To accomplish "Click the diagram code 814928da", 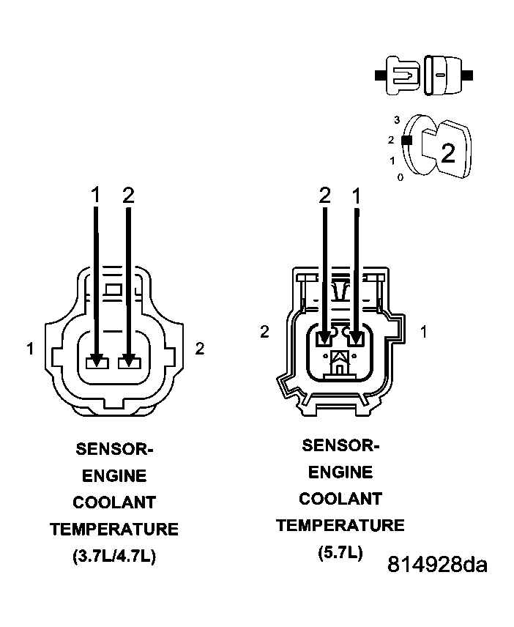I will [x=437, y=565].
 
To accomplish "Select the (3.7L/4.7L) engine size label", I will [x=113, y=556].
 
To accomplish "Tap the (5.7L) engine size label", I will [x=340, y=552].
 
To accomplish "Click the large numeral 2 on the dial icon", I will [x=447, y=152].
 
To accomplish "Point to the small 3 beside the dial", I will [x=396, y=119].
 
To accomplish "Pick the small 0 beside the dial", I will [x=400, y=177].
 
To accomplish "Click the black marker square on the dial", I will [x=408, y=139].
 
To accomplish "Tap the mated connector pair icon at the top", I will [x=424, y=75].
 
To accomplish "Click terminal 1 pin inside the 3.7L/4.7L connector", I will [x=96, y=362].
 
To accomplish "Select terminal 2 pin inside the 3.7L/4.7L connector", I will [x=129, y=362].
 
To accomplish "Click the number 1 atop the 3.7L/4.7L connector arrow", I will [x=95, y=195].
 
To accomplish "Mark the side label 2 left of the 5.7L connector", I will [x=264, y=332].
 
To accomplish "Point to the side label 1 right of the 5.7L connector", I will [x=423, y=332].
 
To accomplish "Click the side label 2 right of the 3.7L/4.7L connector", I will [x=199, y=349].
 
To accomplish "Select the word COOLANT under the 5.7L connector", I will [x=340, y=499].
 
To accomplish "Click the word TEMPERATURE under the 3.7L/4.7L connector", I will [x=113, y=529].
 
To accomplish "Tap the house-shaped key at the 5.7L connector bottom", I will [x=340, y=362].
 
